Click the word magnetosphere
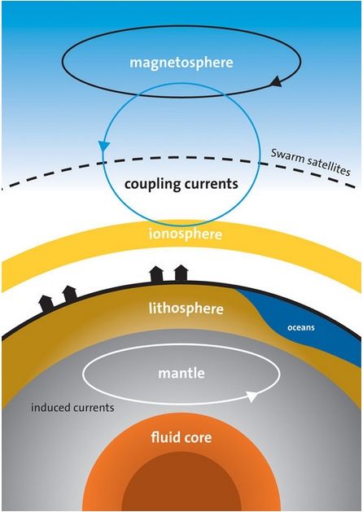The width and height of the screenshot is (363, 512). [181, 63]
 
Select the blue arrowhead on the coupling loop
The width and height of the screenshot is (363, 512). [104, 147]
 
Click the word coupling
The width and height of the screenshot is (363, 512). [151, 185]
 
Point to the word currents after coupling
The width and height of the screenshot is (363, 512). [210, 184]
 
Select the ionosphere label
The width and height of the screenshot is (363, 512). [185, 234]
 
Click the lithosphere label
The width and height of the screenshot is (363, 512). [186, 309]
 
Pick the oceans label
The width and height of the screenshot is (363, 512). [300, 327]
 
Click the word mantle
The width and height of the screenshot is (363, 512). [181, 373]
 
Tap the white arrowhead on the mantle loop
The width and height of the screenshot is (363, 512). [252, 396]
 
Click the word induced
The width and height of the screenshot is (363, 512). [50, 407]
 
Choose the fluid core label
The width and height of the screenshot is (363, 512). [181, 437]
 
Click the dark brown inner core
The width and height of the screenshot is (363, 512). [181, 483]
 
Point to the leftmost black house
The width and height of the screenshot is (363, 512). [46, 304]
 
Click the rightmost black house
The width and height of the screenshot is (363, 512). [181, 274]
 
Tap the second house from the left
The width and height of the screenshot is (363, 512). [70, 294]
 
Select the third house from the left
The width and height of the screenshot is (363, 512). [156, 274]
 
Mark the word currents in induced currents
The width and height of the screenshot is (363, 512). [94, 408]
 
